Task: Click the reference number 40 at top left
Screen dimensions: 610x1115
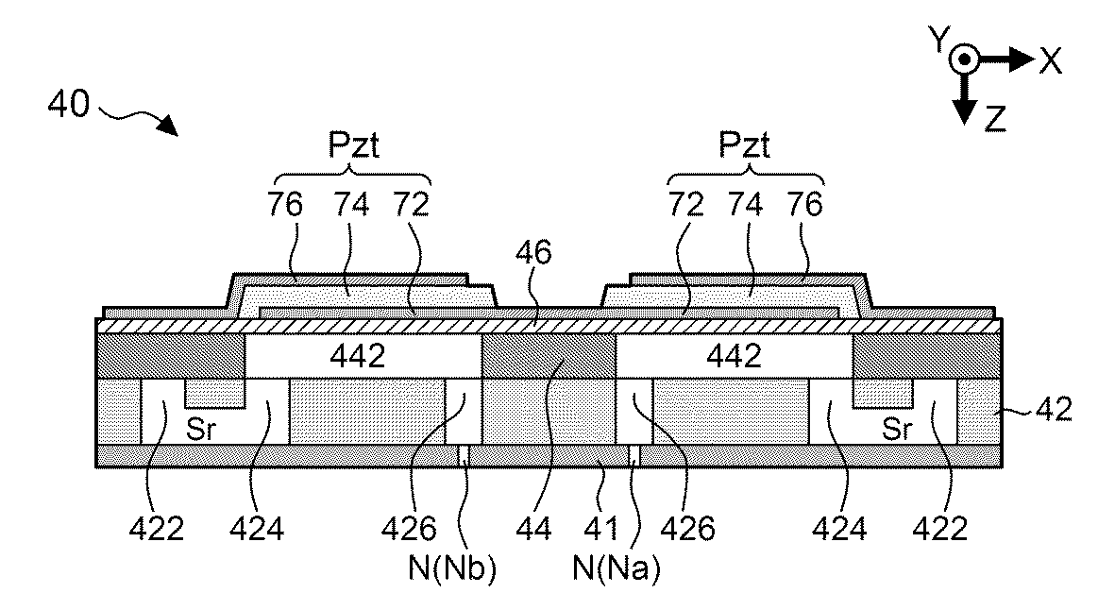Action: pos(68,103)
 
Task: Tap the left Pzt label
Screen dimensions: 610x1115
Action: pos(353,148)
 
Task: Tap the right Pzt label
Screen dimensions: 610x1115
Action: pos(745,148)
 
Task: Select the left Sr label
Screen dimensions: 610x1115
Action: pos(199,430)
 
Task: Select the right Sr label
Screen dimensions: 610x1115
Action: pos(897,430)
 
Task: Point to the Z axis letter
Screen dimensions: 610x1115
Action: pos(995,118)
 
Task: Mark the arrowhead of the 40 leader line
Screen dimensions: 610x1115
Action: pos(170,127)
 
